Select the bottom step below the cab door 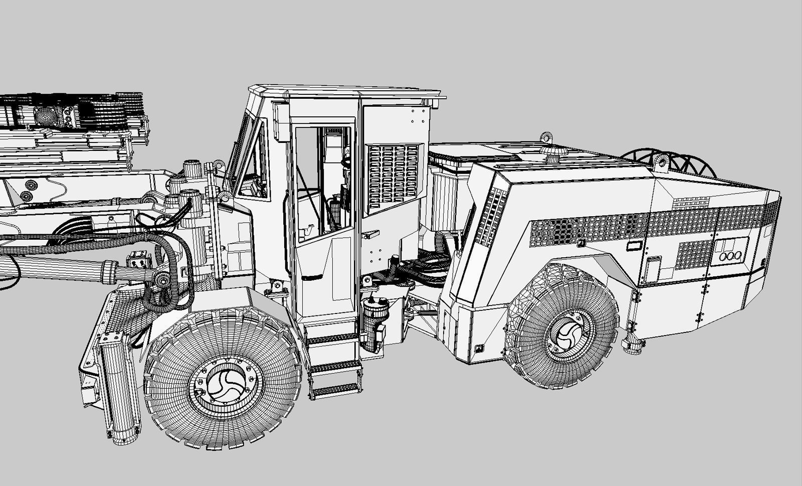(335, 389)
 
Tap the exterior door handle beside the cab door (371, 233)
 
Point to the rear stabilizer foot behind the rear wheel (633, 346)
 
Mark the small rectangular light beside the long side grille (634, 246)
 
